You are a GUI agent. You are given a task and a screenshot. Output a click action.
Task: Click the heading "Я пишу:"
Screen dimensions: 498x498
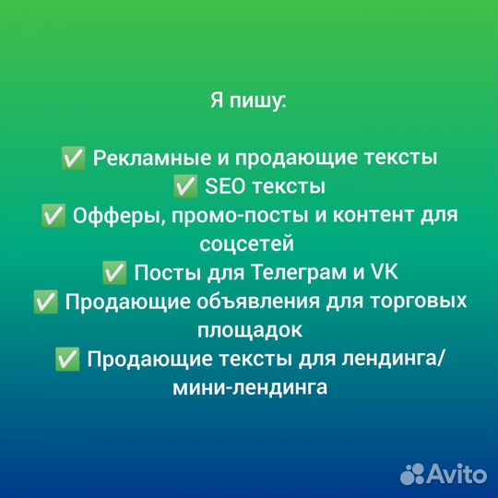249,100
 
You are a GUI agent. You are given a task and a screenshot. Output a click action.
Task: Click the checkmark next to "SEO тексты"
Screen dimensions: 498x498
185,187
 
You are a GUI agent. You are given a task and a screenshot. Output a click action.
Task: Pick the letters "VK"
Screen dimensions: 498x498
381,273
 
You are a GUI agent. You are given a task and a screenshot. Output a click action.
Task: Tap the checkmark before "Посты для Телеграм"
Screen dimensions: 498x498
115,273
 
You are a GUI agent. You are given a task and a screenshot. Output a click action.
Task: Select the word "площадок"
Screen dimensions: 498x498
248,330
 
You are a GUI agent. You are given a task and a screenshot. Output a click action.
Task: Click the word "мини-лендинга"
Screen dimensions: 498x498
249,387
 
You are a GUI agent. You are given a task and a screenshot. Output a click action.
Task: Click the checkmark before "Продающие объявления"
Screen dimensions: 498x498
45,302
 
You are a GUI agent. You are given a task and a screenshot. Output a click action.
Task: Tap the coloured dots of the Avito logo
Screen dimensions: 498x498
412,473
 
